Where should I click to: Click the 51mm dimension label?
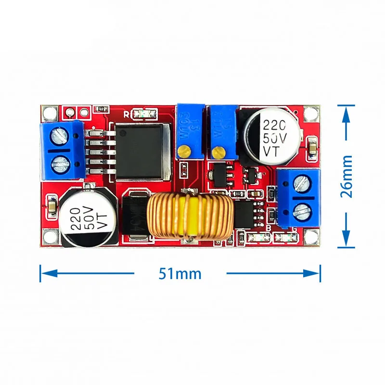180,273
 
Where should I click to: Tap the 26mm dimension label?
346,176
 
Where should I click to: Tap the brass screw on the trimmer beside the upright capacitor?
219,153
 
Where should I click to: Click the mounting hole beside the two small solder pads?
48,113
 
